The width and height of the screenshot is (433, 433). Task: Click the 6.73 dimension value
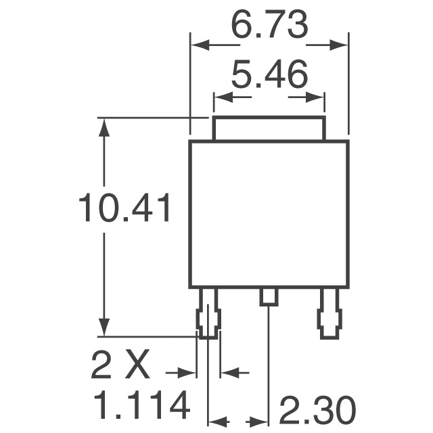pos(269,26)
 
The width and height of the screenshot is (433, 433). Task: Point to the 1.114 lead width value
pos(141,407)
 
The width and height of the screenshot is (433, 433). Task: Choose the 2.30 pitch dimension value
pos(317,411)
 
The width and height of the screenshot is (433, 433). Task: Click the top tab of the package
pos(269,129)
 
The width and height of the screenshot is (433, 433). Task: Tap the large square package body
pos(269,213)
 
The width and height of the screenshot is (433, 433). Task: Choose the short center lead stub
pos(269,296)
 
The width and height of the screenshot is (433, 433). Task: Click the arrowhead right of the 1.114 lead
pos(229,372)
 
